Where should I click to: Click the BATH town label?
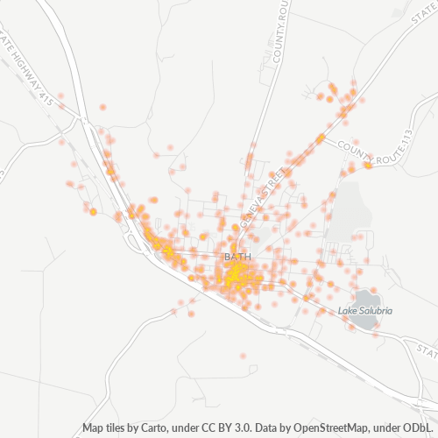pyautogui.click(x=237, y=257)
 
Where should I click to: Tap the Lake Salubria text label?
pyautogui.click(x=365, y=310)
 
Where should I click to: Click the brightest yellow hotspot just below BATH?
pyautogui.click(x=234, y=275)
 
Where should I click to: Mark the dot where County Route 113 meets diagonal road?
pyautogui.click(x=321, y=138)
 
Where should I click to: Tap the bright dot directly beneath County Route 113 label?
pyautogui.click(x=369, y=164)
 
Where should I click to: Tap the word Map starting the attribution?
pyautogui.click(x=94, y=428)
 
